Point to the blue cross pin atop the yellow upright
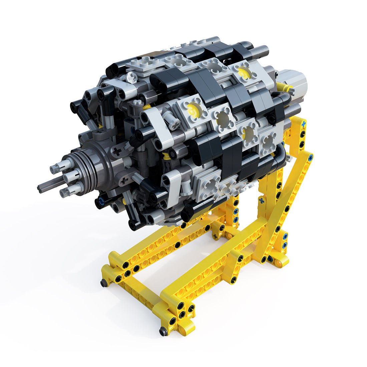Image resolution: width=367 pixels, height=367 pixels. [x=303, y=124]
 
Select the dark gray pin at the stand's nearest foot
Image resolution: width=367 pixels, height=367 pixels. [x=163, y=332]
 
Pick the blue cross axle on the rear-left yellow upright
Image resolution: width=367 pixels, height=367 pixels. [x=262, y=201]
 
